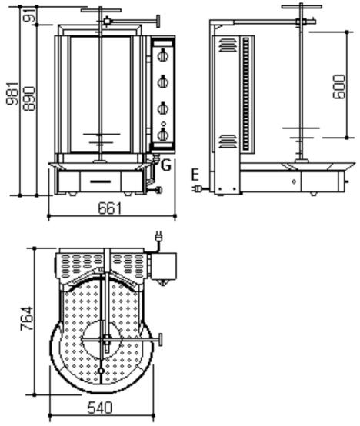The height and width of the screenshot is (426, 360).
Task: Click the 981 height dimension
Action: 12,94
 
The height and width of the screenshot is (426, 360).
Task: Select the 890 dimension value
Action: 29,98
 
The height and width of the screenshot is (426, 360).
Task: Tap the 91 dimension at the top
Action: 32,15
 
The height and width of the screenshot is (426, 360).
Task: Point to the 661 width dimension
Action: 109,208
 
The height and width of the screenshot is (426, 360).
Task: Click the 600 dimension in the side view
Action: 339,87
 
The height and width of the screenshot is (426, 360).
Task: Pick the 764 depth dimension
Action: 27,318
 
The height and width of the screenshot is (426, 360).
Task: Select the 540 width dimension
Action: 100,408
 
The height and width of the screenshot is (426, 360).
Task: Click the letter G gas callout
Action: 166,165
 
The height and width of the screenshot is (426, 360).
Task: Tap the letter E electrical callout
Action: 195,175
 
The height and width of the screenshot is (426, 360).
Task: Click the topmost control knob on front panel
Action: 163,55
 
